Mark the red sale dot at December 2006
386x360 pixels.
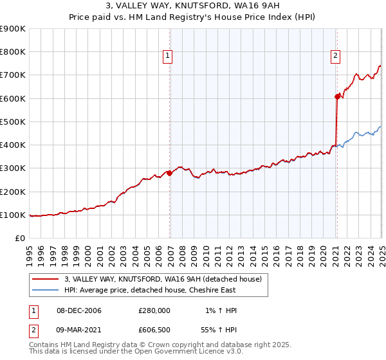170,173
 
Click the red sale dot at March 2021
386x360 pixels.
336,96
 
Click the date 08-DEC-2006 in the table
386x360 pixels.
79,310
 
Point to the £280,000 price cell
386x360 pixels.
154,310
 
